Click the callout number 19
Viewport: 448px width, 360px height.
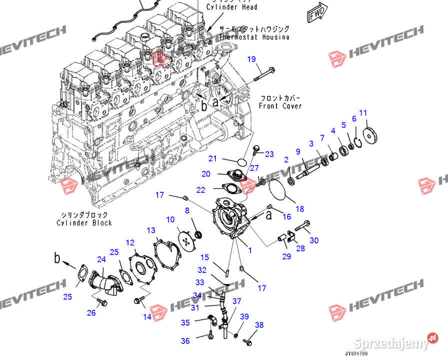pos(251,59)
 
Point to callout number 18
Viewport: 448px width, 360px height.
pos(299,208)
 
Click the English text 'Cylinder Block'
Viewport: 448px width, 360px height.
pos(84,222)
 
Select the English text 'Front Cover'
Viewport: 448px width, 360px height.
pos(280,106)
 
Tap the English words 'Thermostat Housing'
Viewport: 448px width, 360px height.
pos(254,37)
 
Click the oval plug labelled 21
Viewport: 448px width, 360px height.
pos(241,162)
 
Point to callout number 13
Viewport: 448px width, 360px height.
pos(151,230)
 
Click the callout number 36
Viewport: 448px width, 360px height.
pos(185,341)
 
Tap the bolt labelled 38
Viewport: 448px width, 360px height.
pos(247,341)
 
